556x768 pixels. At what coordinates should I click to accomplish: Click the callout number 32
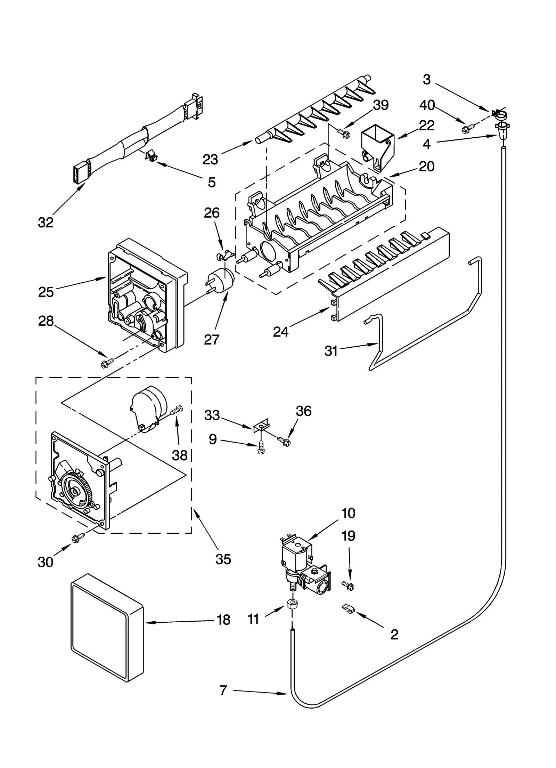(46, 223)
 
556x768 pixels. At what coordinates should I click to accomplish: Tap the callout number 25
(46, 292)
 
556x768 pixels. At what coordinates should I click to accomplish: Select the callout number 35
(223, 559)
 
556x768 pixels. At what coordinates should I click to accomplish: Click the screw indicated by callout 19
(348, 586)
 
